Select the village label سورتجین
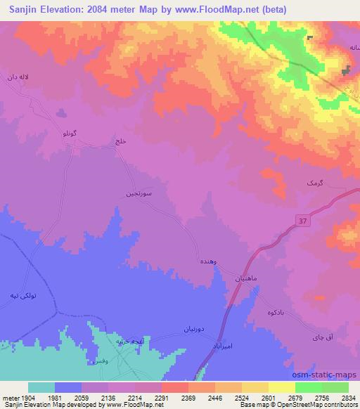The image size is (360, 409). (137, 190)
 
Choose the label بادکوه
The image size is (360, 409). (278, 311)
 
